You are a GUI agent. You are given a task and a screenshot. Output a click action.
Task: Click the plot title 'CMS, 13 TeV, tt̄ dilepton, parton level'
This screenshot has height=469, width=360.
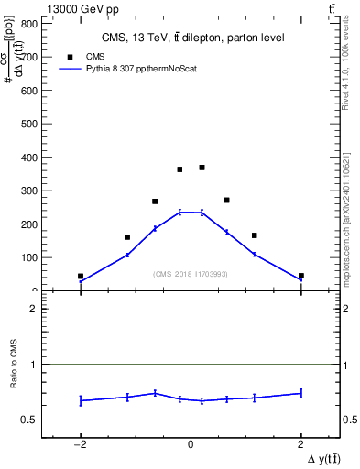[x=191, y=38]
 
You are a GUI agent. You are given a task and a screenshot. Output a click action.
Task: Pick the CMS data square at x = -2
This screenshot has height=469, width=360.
[x=81, y=276]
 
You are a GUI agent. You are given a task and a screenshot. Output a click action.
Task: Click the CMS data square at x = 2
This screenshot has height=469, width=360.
[x=300, y=276]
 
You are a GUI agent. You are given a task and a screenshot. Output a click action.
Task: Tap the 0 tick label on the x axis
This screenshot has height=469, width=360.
[x=191, y=444]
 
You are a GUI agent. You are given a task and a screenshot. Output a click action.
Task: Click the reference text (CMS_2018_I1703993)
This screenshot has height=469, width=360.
[x=191, y=274]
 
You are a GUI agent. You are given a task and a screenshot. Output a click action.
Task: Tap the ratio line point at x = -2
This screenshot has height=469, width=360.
[x=81, y=400]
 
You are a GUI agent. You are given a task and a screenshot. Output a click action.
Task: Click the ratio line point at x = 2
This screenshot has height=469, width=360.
[x=300, y=393]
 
